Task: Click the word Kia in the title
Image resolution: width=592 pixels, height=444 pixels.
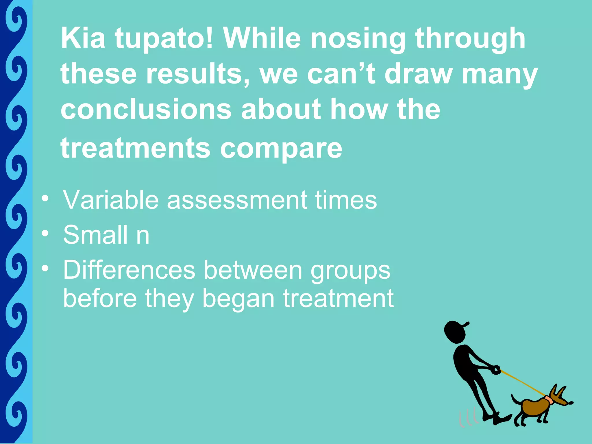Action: (83, 38)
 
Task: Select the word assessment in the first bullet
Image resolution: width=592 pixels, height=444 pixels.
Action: (237, 200)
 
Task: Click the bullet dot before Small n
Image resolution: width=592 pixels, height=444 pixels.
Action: (45, 233)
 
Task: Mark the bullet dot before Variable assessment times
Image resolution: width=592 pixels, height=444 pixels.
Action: (45, 198)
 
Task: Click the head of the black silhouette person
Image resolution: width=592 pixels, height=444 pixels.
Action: (455, 332)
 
